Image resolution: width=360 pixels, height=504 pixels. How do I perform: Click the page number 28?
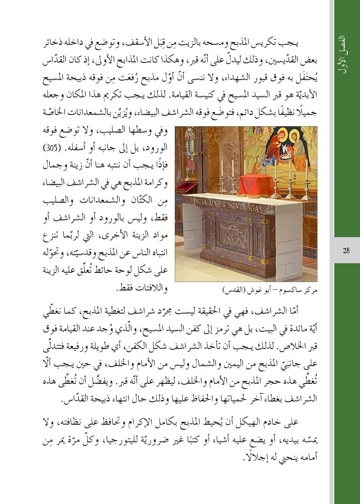[346, 251]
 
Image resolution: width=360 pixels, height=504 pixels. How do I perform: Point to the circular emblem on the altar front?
[232, 233]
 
